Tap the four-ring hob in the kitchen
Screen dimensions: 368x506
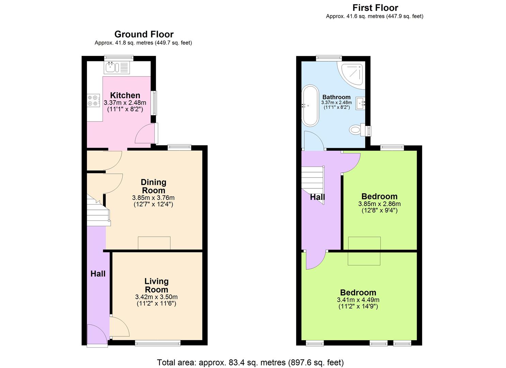93,100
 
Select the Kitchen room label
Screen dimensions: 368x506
125,95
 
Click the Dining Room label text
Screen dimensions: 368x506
153,186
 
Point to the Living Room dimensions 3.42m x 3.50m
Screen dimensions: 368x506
156,297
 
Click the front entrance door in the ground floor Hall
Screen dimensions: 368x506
97,335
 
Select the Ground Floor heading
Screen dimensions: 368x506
144,34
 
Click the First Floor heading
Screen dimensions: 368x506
375,7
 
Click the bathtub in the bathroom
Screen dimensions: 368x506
310,106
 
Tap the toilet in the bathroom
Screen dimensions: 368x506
356,129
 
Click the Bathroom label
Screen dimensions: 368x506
336,97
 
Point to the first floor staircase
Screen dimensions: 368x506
313,184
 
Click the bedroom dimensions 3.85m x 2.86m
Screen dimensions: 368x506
379,204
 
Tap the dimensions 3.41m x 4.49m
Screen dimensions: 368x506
358,300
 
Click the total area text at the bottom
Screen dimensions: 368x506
250,362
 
